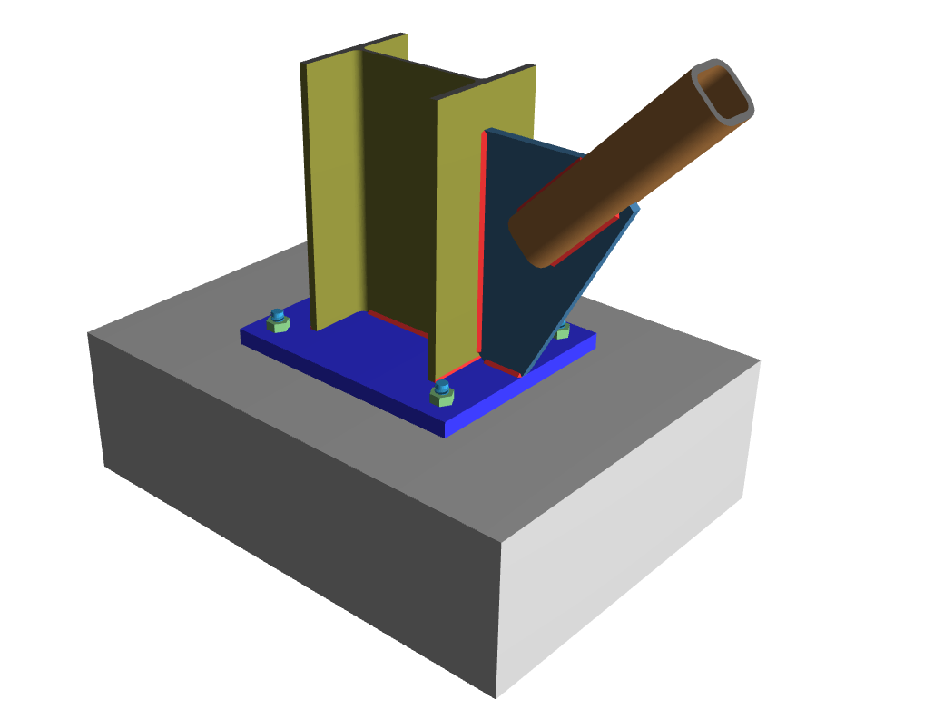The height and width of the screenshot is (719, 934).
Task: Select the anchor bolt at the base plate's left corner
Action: pos(279,320)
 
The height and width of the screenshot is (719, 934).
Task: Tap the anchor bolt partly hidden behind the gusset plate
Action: pos(563,329)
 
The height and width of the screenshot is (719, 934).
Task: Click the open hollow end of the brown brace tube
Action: pos(723,92)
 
